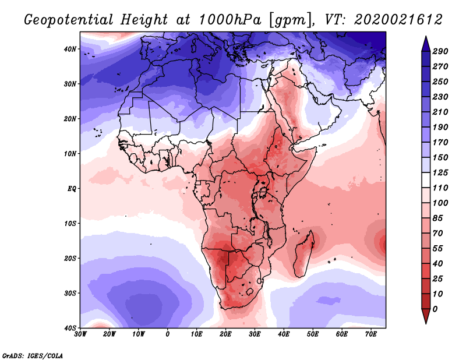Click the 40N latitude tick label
pos(70,49)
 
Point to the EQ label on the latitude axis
pos(72,189)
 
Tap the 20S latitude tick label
pos(70,258)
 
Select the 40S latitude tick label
pos(70,328)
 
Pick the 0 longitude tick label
pos(168,334)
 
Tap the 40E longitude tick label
pos(284,334)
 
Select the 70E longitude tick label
pos(371,334)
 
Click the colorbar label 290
pos(440,52)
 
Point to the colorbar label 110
pos(440,188)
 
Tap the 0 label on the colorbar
pos(435,308)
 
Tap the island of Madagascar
pos(304,253)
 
